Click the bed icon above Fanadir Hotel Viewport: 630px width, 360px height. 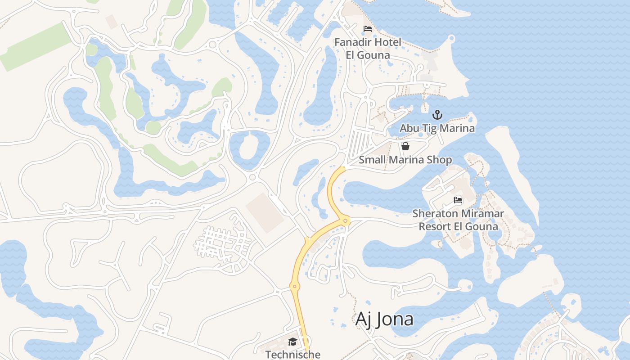click(368, 29)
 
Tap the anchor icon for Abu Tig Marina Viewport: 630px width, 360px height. click(437, 115)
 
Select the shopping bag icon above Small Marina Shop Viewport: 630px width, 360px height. click(405, 146)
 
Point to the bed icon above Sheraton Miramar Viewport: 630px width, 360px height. click(458, 200)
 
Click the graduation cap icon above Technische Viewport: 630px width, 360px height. click(292, 342)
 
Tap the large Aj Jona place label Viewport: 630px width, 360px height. click(384, 319)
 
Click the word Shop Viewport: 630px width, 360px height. click(440, 160)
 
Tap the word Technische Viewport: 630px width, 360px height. click(292, 355)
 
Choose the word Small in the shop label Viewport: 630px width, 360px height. click(372, 160)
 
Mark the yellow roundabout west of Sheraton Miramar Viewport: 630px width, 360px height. click(346, 220)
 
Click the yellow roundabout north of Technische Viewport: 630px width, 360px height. click(295, 286)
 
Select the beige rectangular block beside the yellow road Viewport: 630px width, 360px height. click(265, 213)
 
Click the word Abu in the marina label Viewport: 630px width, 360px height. click(409, 128)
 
